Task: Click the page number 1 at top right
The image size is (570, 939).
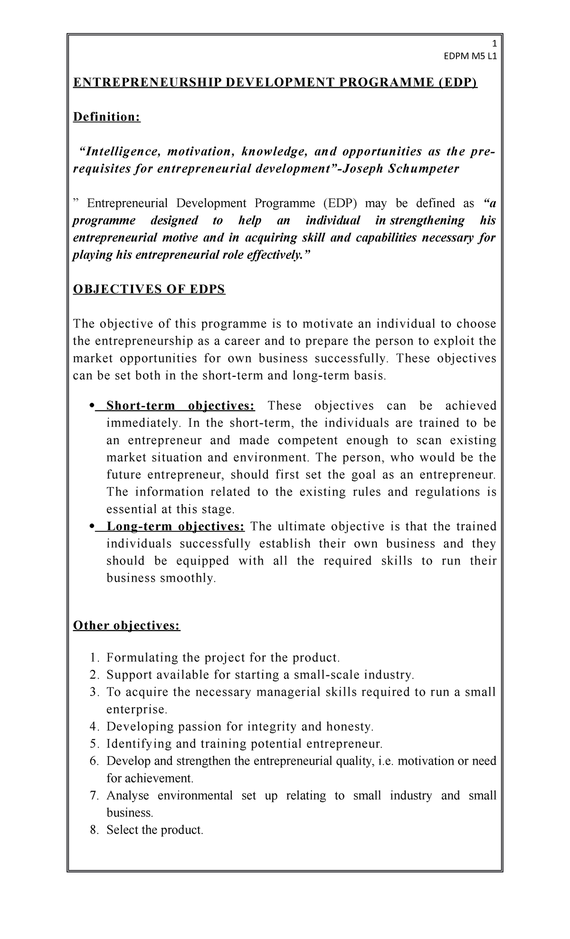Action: coord(494,43)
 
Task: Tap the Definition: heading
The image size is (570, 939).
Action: coord(106,117)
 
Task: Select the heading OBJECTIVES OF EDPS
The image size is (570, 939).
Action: coord(149,289)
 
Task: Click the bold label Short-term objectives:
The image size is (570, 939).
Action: coord(180,406)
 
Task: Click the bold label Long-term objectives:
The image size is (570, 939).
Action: coord(176,527)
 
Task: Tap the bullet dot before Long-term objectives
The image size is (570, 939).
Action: coord(91,527)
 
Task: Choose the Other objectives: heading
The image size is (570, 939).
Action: coord(126,626)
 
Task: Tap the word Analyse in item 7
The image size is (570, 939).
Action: coord(128,795)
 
